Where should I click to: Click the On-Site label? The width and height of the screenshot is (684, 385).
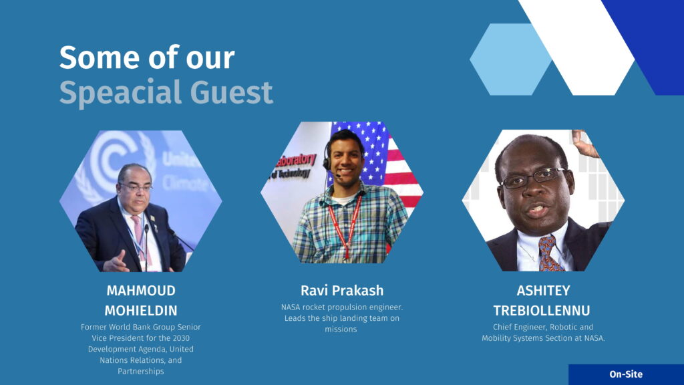[626, 374]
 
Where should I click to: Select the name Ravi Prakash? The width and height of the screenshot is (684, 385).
[342, 290]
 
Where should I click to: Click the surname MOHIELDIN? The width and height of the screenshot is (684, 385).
[141, 310]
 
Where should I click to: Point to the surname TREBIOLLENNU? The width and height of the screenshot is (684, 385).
[542, 310]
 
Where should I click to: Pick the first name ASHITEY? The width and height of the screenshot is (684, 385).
[543, 290]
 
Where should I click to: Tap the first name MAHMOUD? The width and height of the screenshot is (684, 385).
[141, 290]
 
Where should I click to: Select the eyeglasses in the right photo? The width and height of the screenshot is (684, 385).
[534, 178]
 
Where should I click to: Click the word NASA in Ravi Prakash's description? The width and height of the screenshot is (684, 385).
[291, 307]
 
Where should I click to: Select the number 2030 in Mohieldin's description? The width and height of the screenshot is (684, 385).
[180, 338]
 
